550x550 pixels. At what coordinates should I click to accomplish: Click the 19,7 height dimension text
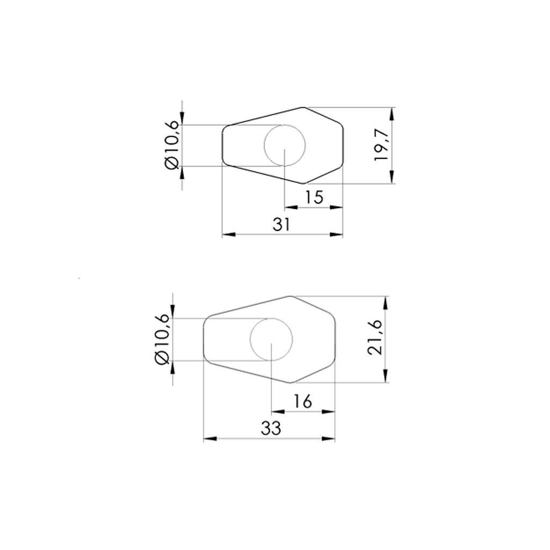[x=382, y=146]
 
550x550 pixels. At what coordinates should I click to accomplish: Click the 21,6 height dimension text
[x=374, y=337]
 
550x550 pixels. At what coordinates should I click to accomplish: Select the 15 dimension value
[x=314, y=197]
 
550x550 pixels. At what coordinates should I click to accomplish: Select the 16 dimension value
[x=303, y=401]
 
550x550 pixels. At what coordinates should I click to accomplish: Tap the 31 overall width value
[x=281, y=225]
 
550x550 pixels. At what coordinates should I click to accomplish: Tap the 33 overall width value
[x=271, y=429]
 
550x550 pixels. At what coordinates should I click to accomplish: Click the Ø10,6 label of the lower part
[x=163, y=339]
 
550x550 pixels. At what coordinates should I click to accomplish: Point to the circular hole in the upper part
[x=285, y=145]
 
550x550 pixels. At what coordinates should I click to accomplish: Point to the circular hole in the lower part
[x=272, y=339]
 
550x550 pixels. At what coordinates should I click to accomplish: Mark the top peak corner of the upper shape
[x=303, y=107]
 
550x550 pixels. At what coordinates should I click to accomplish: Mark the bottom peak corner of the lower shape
[x=291, y=382]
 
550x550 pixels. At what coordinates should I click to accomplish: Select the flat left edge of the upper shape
[x=223, y=145]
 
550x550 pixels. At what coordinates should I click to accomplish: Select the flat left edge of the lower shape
[x=204, y=339]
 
